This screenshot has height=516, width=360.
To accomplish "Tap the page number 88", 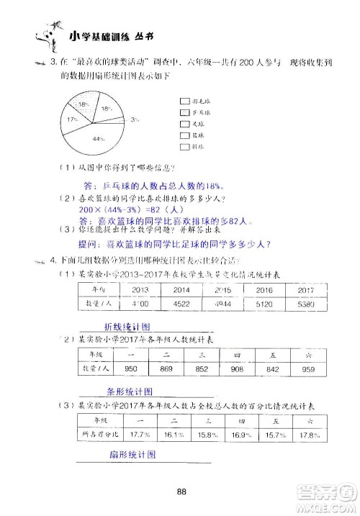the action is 181,471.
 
